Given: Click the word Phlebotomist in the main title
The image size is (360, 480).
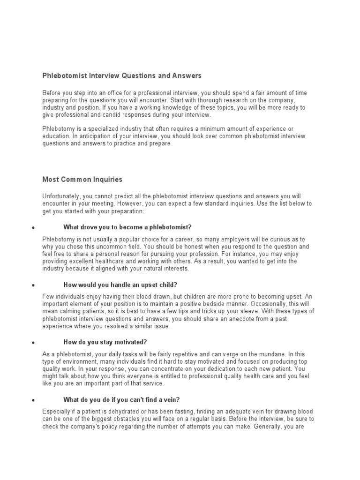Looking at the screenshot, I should pyautogui.click(x=63, y=75).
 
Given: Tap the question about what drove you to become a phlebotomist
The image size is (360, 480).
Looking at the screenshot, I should pyautogui.click(x=127, y=227).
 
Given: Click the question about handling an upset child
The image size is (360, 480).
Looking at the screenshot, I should pyautogui.click(x=120, y=285).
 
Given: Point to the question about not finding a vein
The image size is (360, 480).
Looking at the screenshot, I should pyautogui.click(x=121, y=399).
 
